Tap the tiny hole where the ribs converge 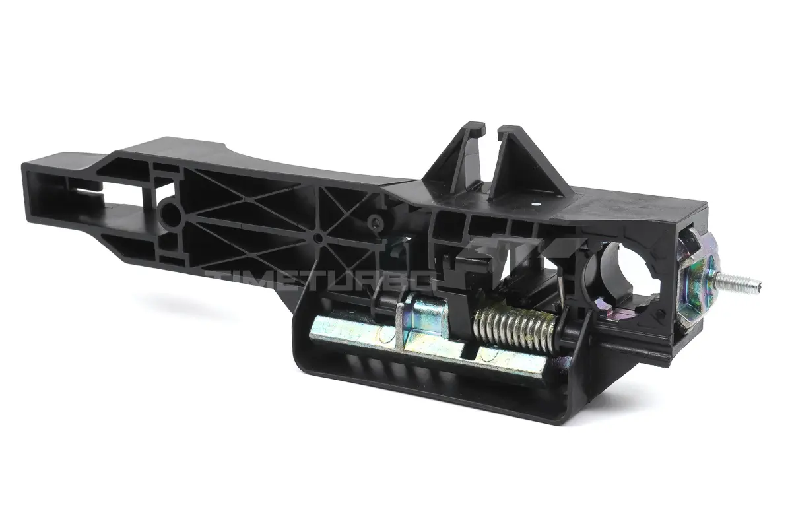click(x=319, y=238)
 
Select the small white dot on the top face click(x=537, y=204)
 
